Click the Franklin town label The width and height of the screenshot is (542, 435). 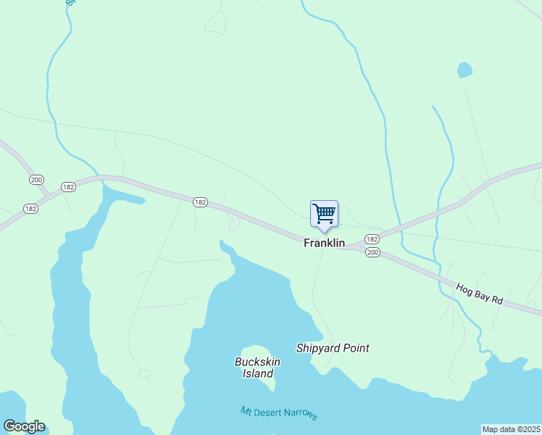[x=324, y=244]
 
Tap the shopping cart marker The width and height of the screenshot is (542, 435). [x=324, y=214]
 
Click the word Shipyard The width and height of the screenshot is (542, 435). [x=318, y=348]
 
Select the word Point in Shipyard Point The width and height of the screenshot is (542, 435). [x=356, y=348]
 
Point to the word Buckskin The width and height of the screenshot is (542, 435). [x=257, y=362]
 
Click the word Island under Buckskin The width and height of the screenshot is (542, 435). [x=257, y=374]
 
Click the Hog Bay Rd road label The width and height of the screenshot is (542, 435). [x=479, y=293]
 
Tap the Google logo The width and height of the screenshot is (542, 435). [x=24, y=426]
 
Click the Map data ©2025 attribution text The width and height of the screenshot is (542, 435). [x=512, y=429]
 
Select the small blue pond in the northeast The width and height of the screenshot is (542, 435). [x=464, y=70]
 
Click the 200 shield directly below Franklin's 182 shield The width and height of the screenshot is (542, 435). [x=372, y=252]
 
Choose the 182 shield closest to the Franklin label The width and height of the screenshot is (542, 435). [x=372, y=239]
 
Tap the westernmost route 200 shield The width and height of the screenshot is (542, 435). [x=36, y=179]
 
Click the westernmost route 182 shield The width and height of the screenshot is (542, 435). [x=30, y=208]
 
